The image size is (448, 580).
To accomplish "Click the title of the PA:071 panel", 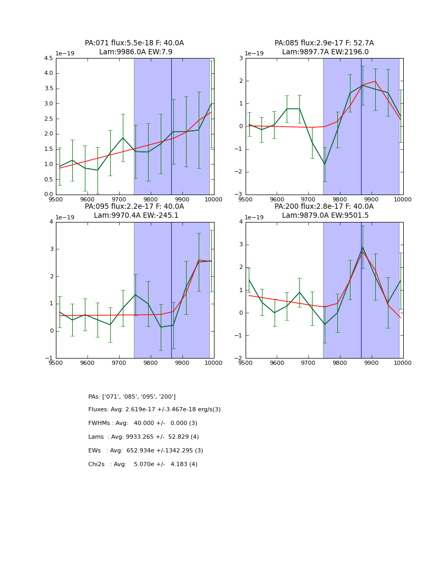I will click(134, 47).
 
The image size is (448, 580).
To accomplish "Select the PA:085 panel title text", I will click(324, 47).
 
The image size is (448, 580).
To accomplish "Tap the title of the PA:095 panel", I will click(134, 211).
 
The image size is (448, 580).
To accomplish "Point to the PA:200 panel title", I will click(324, 211).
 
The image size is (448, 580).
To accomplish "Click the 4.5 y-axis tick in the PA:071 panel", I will click(48, 59).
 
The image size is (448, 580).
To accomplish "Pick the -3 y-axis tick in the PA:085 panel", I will click(238, 195).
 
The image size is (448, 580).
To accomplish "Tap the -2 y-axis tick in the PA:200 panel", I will click(238, 359).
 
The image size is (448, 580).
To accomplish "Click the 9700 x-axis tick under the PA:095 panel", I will click(119, 363).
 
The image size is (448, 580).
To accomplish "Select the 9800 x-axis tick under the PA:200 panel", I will click(340, 363).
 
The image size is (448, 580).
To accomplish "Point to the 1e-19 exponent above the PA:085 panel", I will click(254, 54).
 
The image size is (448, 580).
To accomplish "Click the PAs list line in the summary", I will click(132, 397).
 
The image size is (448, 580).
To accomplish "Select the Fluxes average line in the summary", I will click(154, 410).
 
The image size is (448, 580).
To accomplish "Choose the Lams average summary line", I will click(143, 437).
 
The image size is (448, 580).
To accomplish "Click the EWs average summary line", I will click(145, 451).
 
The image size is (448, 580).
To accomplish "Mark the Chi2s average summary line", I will click(143, 465).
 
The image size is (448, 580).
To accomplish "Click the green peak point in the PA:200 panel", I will click(363, 247).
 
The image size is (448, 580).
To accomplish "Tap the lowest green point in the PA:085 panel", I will click(325, 164).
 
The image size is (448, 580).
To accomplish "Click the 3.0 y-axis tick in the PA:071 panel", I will click(48, 104).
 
